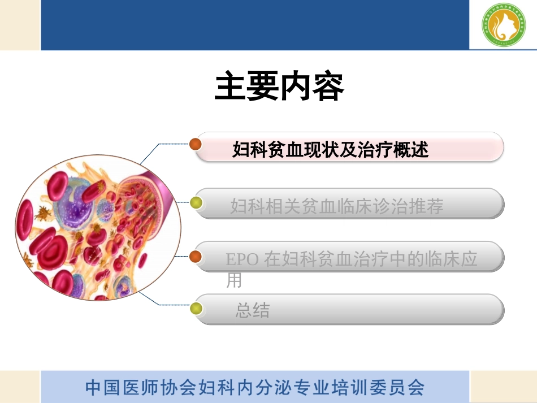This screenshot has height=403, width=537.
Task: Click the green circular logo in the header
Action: [x=504, y=25]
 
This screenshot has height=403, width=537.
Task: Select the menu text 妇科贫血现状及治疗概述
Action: [x=331, y=150]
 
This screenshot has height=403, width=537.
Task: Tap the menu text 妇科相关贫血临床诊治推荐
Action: [x=336, y=206]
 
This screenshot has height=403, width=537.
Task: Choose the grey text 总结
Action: [x=253, y=310]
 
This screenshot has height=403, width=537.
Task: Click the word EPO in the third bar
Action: [x=242, y=259]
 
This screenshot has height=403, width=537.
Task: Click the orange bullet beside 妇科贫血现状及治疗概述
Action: [x=196, y=144]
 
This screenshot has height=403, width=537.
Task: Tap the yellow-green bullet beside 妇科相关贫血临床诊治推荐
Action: [x=196, y=202]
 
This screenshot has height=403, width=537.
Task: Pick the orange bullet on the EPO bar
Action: [x=196, y=257]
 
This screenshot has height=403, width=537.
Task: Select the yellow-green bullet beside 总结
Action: [x=196, y=309]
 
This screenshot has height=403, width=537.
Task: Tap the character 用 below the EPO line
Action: [x=233, y=280]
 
